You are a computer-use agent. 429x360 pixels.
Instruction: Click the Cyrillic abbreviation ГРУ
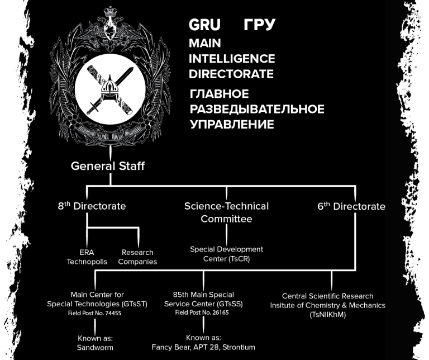tap(260, 25)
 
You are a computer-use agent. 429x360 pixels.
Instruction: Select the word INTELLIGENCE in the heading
tap(231, 58)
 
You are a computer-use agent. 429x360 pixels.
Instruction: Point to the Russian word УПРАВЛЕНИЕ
tap(232, 124)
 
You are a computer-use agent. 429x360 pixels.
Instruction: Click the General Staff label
tap(108, 165)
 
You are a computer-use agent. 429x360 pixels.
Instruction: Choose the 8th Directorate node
tap(92, 206)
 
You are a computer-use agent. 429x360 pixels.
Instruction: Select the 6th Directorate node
tap(351, 206)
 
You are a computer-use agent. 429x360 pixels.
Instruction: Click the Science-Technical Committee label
tap(226, 212)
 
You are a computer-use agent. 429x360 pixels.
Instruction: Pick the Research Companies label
tap(137, 257)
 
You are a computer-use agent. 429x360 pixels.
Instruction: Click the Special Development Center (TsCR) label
tap(226, 253)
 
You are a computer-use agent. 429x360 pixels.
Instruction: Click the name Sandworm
tap(96, 347)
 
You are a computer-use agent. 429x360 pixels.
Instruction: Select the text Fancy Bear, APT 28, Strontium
tap(203, 347)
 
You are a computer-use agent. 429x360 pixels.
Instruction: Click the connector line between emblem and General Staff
tap(111, 153)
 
